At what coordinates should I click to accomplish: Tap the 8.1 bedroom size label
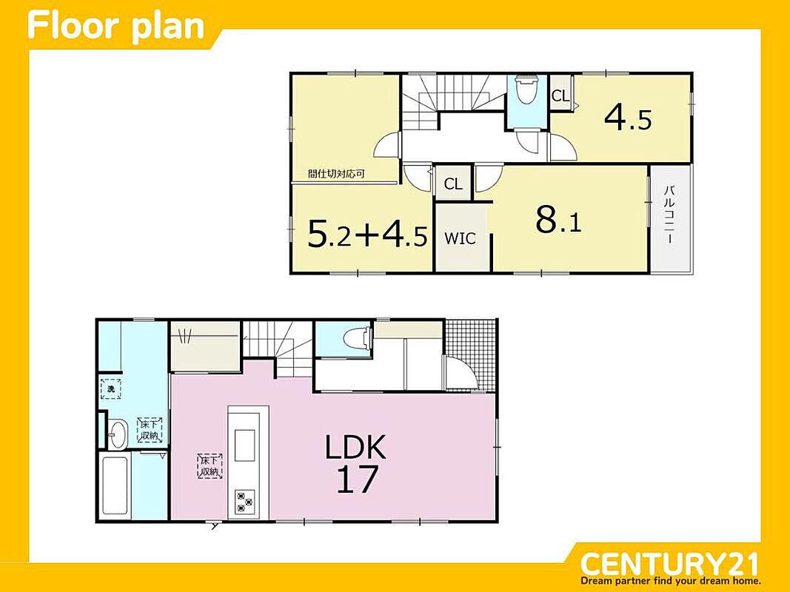click(559, 220)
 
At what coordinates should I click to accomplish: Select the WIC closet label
click(460, 238)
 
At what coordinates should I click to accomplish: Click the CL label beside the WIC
click(453, 184)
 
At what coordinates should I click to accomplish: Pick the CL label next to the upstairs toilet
click(560, 95)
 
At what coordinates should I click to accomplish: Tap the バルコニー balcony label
click(669, 215)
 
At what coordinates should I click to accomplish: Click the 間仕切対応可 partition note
click(336, 174)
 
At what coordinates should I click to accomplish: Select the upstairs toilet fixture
click(527, 89)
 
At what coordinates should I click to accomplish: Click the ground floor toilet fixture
click(358, 337)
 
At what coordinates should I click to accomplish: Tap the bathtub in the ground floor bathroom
click(116, 485)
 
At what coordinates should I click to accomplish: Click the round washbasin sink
click(118, 434)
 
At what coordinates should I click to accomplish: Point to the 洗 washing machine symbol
click(110, 388)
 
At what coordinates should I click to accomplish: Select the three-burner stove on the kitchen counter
click(244, 502)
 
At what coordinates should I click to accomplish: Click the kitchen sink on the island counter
click(244, 445)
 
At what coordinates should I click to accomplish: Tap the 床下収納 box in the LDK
click(210, 465)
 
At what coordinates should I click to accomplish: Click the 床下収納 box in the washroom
click(150, 430)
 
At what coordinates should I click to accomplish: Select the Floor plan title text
click(116, 26)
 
